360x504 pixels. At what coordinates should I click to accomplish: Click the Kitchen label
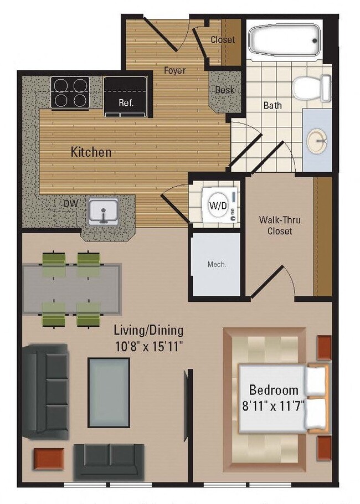pyautogui.click(x=91, y=152)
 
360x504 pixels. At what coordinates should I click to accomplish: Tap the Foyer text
pyautogui.click(x=174, y=70)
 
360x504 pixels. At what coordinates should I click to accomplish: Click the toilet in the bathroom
pyautogui.click(x=310, y=88)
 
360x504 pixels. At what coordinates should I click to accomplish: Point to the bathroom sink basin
pyautogui.click(x=316, y=142)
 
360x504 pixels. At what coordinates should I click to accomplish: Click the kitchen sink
pyautogui.click(x=103, y=211)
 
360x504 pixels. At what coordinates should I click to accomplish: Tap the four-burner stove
pyautogui.click(x=70, y=92)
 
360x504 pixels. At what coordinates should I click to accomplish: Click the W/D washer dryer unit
pyautogui.click(x=217, y=205)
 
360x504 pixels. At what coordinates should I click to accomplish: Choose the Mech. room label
pyautogui.click(x=217, y=265)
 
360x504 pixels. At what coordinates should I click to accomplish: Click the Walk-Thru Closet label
pyautogui.click(x=280, y=225)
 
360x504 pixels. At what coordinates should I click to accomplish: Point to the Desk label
pyautogui.click(x=224, y=90)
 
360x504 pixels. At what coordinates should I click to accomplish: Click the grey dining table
pyautogui.click(x=71, y=289)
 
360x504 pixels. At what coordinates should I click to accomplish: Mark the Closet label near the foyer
pyautogui.click(x=223, y=40)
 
